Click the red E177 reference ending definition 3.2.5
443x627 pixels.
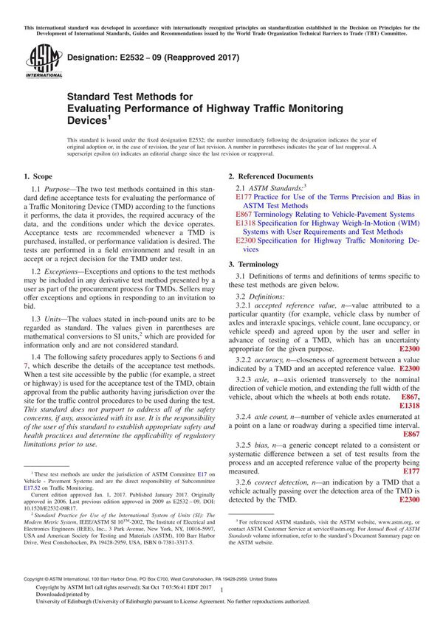coord(411,471)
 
